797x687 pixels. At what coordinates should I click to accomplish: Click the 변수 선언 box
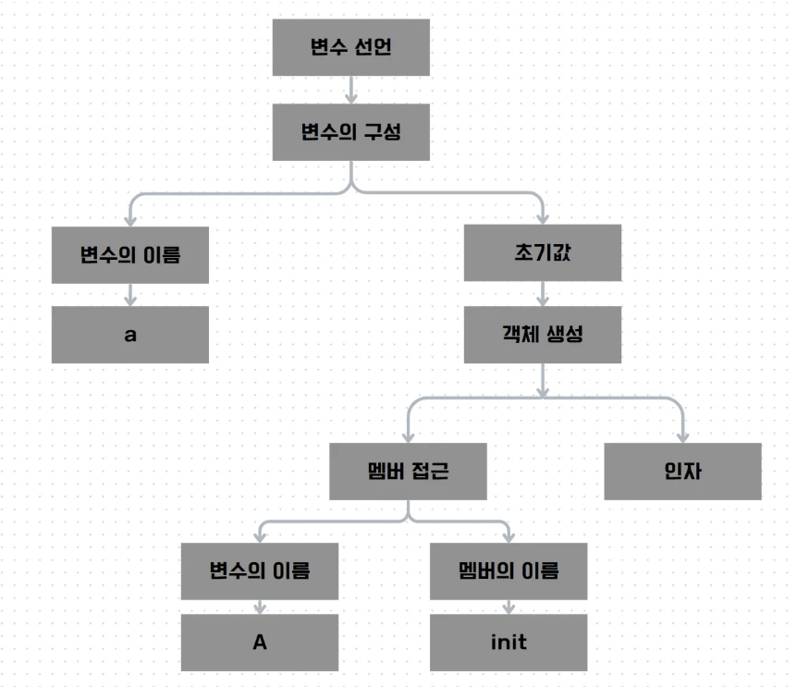point(351,48)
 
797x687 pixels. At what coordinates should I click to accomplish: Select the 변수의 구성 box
point(351,132)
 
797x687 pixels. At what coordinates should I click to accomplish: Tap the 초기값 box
point(542,252)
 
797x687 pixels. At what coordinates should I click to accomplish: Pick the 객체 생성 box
point(542,334)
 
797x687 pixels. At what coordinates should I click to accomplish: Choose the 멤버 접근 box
point(408,471)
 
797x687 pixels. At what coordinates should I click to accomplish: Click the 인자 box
point(682,471)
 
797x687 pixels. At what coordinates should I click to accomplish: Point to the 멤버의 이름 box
point(509,570)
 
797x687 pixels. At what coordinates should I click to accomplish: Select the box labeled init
point(509,641)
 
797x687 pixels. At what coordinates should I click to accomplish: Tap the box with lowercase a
point(129,334)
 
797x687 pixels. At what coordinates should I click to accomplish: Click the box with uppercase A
point(259,641)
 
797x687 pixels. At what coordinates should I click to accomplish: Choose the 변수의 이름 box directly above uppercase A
point(259,570)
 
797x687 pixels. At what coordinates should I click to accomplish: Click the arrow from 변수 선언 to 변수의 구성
point(351,90)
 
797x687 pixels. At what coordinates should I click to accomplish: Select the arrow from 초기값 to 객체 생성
point(543,293)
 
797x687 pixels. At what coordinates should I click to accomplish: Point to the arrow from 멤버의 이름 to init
point(509,606)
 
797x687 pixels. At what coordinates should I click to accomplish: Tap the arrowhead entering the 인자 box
point(683,435)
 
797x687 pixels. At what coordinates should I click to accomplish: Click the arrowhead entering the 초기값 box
point(543,218)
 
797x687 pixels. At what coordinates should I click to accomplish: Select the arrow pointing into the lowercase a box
point(129,294)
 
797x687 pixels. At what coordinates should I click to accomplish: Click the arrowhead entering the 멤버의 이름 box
point(509,535)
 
